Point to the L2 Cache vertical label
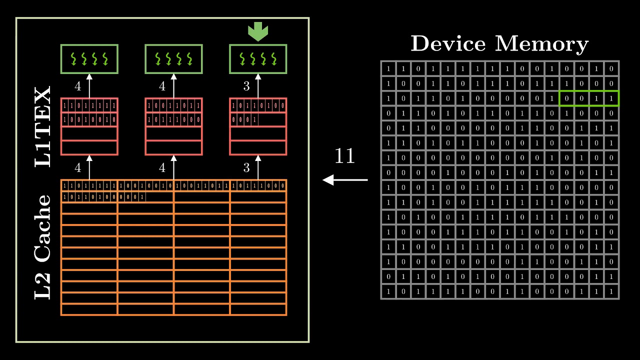[x=43, y=247]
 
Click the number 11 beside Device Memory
[x=344, y=156]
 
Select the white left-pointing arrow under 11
[x=345, y=179]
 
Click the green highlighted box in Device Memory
[x=588, y=98]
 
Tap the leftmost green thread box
[x=89, y=59]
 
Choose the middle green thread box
[x=173, y=59]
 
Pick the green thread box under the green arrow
[x=258, y=59]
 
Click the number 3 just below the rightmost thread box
[x=246, y=86]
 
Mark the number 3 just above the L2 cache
[x=246, y=168]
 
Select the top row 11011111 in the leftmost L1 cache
[x=89, y=106]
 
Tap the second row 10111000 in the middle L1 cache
[x=173, y=120]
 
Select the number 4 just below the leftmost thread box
[x=77, y=86]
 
